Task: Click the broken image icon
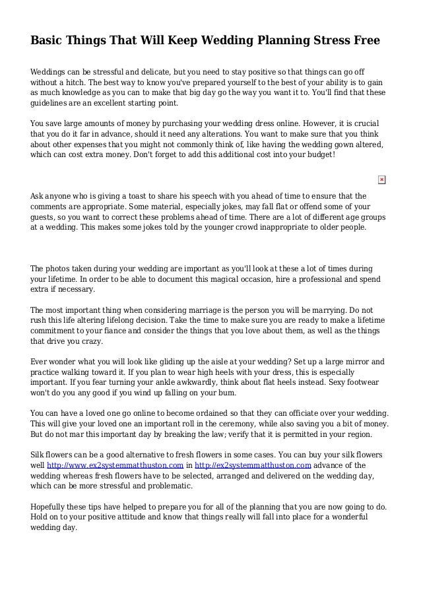[382, 180]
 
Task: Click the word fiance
[132, 331]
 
